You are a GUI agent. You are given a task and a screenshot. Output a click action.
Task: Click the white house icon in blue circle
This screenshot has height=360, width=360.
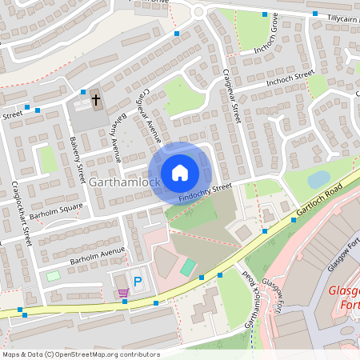[179, 173]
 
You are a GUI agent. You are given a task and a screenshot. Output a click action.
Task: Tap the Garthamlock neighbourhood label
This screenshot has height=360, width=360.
[125, 182]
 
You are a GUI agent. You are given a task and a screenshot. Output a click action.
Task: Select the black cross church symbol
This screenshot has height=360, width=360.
[96, 100]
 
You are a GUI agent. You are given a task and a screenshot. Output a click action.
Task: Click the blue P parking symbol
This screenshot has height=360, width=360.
[138, 282]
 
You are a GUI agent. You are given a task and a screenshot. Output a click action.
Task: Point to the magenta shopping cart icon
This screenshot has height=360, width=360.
[122, 293]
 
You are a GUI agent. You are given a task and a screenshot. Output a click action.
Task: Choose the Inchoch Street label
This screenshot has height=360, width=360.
[285, 78]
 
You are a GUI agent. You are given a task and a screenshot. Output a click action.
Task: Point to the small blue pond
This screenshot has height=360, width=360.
[318, 179]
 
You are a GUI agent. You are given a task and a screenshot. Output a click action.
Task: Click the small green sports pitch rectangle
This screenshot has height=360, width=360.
[187, 267]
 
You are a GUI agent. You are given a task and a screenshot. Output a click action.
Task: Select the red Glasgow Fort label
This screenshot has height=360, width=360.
[344, 297]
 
